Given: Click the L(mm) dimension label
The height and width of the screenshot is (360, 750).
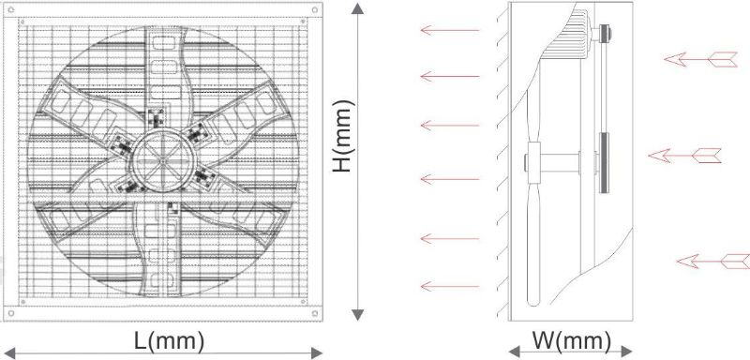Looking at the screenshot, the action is pyautogui.click(x=169, y=341).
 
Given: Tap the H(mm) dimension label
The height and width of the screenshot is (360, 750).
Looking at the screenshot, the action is pyautogui.click(x=343, y=136).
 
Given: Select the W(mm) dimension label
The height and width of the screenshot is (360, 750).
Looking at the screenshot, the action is pyautogui.click(x=572, y=341).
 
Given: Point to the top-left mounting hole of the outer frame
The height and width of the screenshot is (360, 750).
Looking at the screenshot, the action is pyautogui.click(x=11, y=9).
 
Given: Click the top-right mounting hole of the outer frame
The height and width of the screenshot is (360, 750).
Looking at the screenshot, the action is pyautogui.click(x=314, y=9).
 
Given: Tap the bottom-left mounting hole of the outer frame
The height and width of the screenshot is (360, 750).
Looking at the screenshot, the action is pyautogui.click(x=11, y=313).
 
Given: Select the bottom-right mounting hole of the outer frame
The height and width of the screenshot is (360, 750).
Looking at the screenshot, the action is pyautogui.click(x=314, y=313).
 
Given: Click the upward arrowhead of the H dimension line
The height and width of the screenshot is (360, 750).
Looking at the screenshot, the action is pyautogui.click(x=358, y=8).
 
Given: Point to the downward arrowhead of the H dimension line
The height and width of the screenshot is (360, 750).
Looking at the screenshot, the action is pyautogui.click(x=358, y=315).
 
